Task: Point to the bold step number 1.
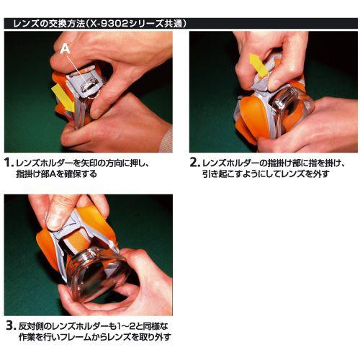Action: (9, 163)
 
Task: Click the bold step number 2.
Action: (194, 163)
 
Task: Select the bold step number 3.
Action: (9, 325)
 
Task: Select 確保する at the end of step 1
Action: (83, 174)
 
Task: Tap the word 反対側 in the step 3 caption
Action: (30, 325)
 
